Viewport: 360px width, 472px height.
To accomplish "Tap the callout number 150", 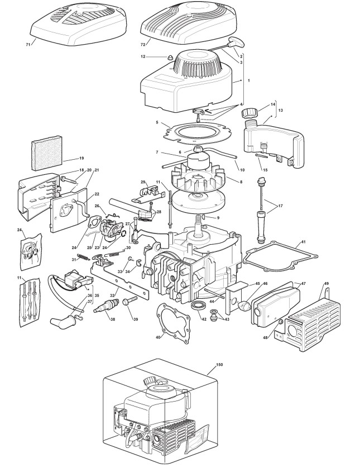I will [x=219, y=364].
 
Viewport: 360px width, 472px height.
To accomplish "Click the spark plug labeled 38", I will [x=108, y=306].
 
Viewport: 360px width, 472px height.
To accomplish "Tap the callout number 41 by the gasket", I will [x=303, y=242].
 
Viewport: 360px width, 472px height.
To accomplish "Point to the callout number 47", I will [x=304, y=284].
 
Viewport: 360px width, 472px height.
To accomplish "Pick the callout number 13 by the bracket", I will [x=280, y=111].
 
